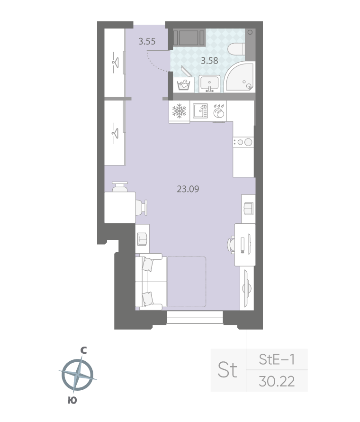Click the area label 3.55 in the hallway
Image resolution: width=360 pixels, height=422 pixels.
pyautogui.click(x=147, y=41)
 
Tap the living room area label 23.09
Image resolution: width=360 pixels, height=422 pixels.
pyautogui.click(x=188, y=189)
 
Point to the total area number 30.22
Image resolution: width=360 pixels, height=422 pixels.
pyautogui.click(x=277, y=381)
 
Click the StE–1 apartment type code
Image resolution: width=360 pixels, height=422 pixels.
pyautogui.click(x=277, y=360)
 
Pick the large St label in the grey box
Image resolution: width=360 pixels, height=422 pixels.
pyautogui.click(x=227, y=370)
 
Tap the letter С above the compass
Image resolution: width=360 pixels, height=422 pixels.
pyautogui.click(x=83, y=350)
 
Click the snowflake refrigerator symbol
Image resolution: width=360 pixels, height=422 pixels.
pyautogui.click(x=179, y=111)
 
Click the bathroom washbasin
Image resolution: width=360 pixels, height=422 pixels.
pyautogui.click(x=209, y=83)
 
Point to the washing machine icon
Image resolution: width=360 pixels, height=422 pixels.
pyautogui.click(x=183, y=85)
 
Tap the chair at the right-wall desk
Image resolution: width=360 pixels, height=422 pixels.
pyautogui.click(x=232, y=244)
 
